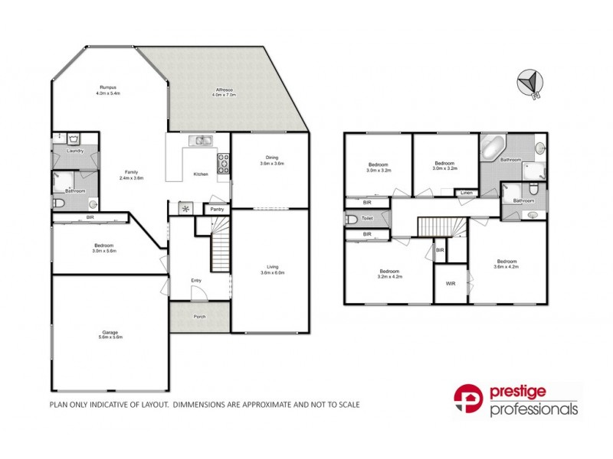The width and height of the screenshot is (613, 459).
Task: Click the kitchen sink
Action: (203, 140)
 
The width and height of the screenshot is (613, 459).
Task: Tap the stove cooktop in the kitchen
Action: (225, 161)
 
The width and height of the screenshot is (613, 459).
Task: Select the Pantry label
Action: (216, 208)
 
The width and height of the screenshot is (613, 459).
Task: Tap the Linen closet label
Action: (467, 193)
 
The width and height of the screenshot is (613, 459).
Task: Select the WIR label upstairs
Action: (451, 283)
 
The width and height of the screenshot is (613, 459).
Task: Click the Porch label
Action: (199, 316)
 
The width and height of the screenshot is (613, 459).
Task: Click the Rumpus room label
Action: (107, 87)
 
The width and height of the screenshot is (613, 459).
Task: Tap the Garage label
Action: (110, 332)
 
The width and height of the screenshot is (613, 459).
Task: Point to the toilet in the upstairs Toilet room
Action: (352, 220)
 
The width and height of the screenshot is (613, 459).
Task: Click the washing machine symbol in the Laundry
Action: (74, 139)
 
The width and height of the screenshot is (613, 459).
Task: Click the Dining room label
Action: (272, 158)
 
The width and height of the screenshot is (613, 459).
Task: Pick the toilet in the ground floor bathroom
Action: (59, 203)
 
